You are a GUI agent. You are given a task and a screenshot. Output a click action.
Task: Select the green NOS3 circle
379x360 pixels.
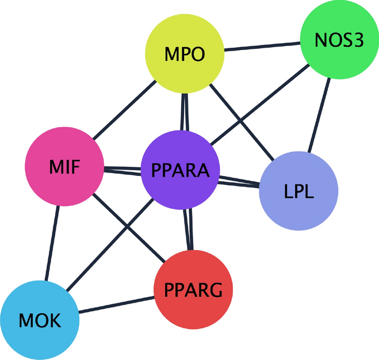pos(339,41)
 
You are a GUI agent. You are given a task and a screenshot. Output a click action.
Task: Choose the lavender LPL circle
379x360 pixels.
pos(298,190)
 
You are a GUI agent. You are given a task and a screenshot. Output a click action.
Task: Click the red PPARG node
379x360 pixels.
pos(194,290)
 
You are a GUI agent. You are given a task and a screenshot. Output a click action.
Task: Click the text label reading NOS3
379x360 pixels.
pos(339,41)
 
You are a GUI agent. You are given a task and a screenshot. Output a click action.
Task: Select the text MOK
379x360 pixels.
pos(39,320)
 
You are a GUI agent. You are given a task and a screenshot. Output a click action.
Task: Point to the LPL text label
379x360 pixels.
pos(298,190)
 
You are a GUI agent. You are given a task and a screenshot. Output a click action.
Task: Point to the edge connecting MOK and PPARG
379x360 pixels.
pos(118,305)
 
